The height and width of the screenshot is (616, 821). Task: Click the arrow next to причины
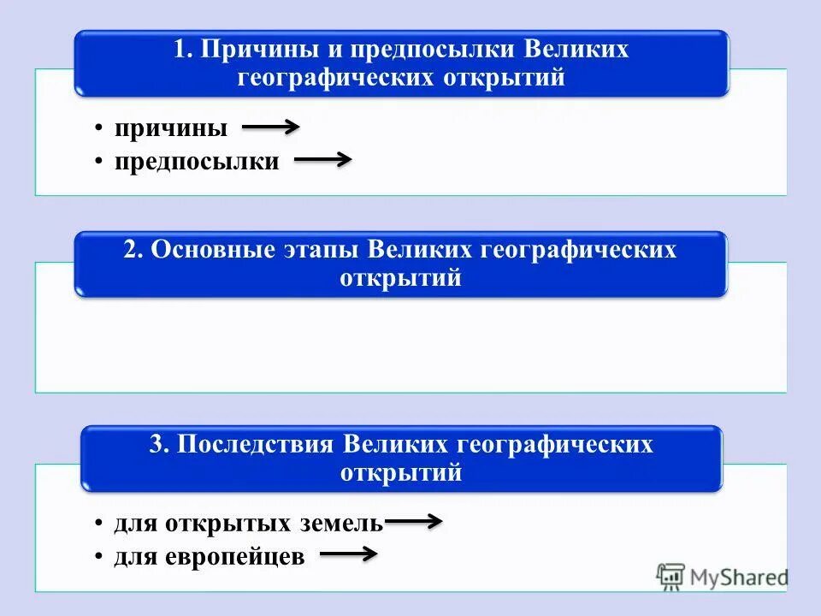(270, 128)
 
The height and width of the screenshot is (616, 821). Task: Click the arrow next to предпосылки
(322, 160)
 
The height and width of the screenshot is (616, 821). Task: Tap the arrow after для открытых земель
(413, 521)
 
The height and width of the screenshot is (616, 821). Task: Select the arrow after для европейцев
(348, 555)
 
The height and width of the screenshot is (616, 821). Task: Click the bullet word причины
(172, 129)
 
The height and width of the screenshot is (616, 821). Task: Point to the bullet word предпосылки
(198, 161)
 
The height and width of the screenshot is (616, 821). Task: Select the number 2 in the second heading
(130, 250)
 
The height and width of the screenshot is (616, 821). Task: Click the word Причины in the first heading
(249, 49)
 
